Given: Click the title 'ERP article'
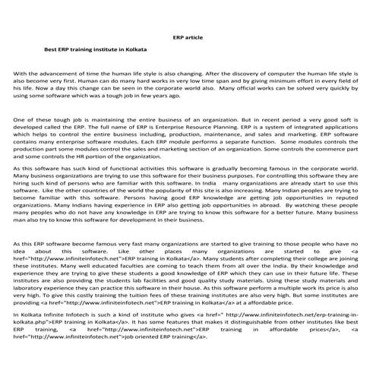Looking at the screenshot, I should tap(187, 36).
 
